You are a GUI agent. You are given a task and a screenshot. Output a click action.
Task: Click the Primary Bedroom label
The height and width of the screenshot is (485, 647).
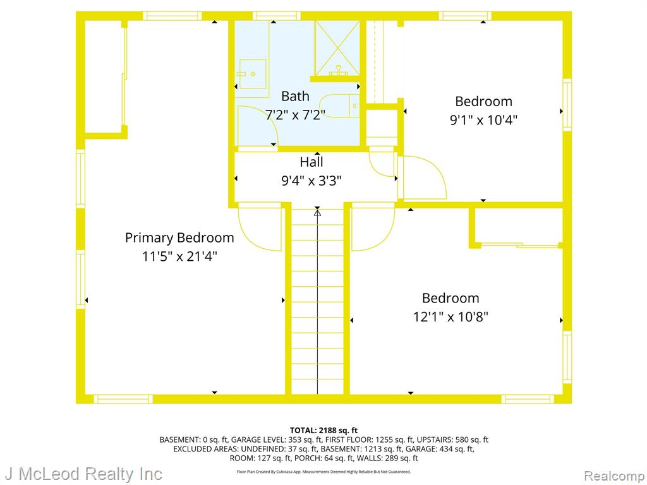point(179,238)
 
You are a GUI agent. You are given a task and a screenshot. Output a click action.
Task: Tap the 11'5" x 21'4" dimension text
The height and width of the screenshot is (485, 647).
point(179,256)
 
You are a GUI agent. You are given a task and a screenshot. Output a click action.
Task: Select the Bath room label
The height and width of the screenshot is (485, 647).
point(295,96)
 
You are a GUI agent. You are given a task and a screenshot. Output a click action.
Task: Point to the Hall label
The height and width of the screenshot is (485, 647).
point(311,162)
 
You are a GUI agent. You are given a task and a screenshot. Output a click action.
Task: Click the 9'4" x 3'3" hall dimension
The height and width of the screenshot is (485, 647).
point(311,181)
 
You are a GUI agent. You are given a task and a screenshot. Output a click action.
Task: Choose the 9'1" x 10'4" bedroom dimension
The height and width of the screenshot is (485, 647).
point(483,120)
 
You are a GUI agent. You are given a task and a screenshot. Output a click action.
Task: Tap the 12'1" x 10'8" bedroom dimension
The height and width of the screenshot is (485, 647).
point(450,317)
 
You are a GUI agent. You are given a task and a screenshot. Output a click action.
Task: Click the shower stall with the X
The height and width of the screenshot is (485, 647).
point(337,48)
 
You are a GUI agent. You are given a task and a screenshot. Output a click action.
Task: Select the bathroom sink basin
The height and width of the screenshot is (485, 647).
point(253,74)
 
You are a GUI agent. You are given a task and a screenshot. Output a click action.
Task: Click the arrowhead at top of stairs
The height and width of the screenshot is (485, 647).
point(317,213)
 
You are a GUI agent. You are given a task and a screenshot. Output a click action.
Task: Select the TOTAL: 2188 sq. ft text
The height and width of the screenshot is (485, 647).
point(323,431)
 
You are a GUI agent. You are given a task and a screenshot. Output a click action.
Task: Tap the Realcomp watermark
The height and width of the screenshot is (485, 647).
point(614,476)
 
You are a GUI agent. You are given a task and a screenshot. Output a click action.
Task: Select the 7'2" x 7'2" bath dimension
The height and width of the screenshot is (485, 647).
point(295,115)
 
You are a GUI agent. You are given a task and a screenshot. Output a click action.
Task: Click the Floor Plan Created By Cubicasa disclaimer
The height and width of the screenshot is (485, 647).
point(323,472)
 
